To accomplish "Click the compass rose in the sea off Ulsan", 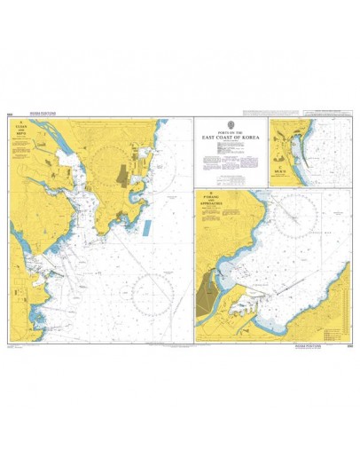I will (x=153, y=293).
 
